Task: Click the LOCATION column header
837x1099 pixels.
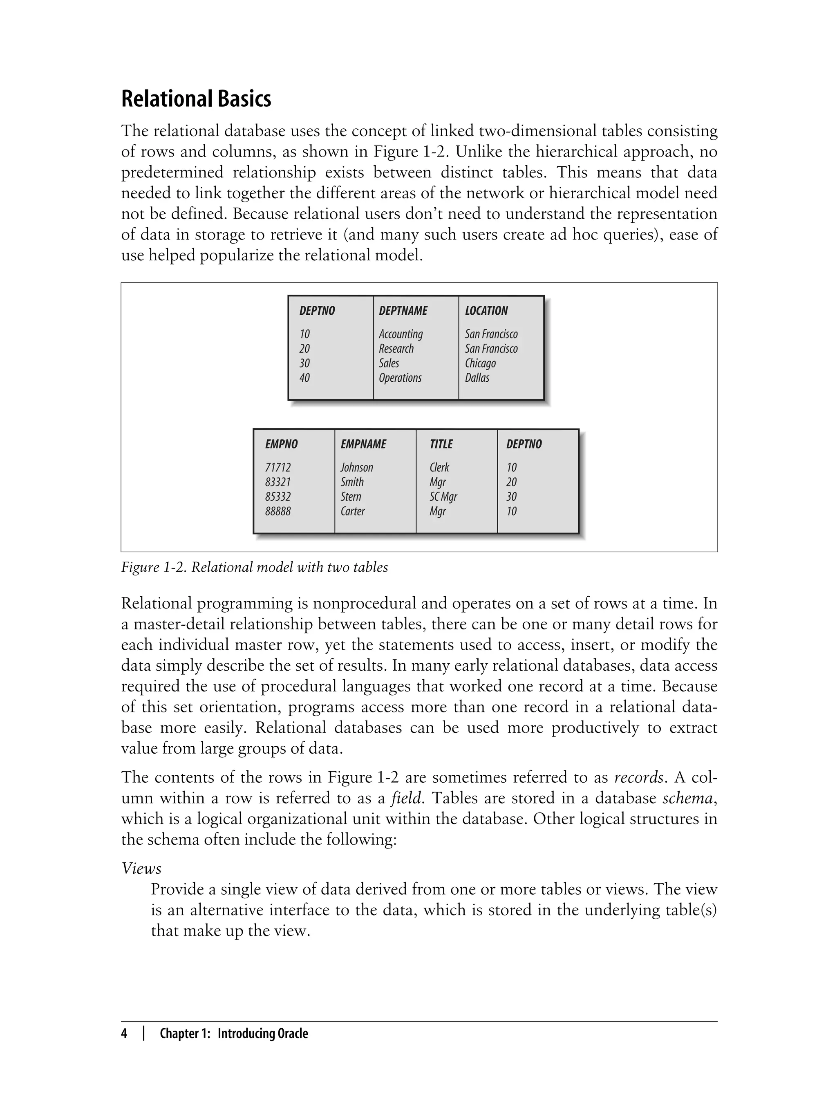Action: (x=486, y=311)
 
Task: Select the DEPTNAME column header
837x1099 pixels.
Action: (x=403, y=311)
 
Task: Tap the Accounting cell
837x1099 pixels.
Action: (x=401, y=334)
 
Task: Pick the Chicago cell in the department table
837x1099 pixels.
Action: (x=480, y=363)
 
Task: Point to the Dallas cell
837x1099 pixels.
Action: (x=477, y=378)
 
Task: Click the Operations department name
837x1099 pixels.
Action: (x=400, y=378)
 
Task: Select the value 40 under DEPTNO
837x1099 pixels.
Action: (x=304, y=378)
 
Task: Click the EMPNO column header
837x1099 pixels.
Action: (x=281, y=444)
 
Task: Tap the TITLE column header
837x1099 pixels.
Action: (x=441, y=444)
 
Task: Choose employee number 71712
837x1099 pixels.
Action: (x=278, y=467)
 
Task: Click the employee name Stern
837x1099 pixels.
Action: (x=350, y=497)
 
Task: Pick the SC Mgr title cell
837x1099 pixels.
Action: (x=443, y=497)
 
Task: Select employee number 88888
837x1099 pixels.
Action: (x=278, y=511)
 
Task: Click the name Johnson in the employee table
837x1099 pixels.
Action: (x=356, y=467)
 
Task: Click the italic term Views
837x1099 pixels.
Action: (x=141, y=869)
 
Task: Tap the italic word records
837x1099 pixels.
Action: (x=638, y=777)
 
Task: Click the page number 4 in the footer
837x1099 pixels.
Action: (x=124, y=1033)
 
